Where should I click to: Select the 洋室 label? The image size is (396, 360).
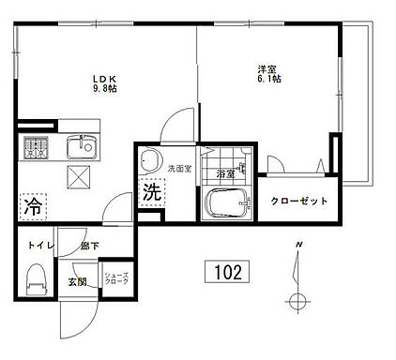tap(268, 67)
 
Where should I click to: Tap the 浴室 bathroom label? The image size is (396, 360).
tap(225, 173)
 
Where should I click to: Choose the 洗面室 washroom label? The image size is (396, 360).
tap(179, 169)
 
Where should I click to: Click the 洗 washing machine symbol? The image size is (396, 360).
tap(150, 193)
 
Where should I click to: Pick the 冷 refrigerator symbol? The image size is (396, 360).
tap(31, 202)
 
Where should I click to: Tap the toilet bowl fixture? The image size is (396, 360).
tap(36, 279)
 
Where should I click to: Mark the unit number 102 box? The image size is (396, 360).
tap(226, 273)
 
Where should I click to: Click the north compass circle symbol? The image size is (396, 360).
tap(298, 302)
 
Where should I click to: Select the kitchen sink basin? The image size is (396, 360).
tap(80, 148)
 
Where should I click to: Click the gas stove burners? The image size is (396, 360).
tap(36, 147)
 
